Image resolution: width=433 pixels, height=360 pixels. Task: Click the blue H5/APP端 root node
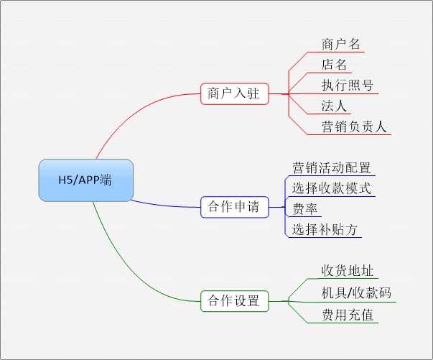[86, 180]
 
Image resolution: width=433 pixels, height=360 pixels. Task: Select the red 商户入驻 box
[234, 93]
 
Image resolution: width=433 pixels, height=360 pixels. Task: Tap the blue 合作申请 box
[234, 207]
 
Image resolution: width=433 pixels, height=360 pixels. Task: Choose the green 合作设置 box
[234, 301]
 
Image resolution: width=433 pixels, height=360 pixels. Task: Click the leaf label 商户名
[340, 45]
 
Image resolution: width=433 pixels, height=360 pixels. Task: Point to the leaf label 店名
[334, 65]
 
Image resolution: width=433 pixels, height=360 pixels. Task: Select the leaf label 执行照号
[347, 86]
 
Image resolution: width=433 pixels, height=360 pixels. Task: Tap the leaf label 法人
[334, 106]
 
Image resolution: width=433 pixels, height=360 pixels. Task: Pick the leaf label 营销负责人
[354, 126]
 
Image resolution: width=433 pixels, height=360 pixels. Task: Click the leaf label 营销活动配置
[331, 167]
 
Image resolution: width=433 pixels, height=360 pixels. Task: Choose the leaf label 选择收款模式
[331, 188]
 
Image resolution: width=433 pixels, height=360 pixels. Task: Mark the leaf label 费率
[305, 209]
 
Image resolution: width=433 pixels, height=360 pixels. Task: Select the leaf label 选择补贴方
[325, 229]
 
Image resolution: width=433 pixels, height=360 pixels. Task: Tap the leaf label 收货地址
[347, 271]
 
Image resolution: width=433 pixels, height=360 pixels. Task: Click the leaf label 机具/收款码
[356, 293]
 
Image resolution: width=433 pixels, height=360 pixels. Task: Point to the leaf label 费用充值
[348, 315]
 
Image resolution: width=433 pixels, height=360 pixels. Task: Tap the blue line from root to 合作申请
[165, 206]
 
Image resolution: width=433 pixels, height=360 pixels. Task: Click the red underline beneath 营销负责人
[349, 134]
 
